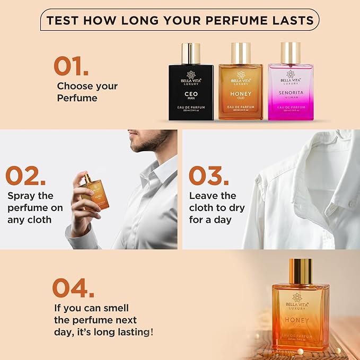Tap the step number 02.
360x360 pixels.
click(x=30, y=176)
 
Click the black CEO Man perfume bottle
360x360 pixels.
click(x=191, y=90)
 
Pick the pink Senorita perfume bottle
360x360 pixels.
click(x=290, y=90)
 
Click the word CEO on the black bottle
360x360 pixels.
click(x=191, y=94)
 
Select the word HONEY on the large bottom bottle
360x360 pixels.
click(x=296, y=320)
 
